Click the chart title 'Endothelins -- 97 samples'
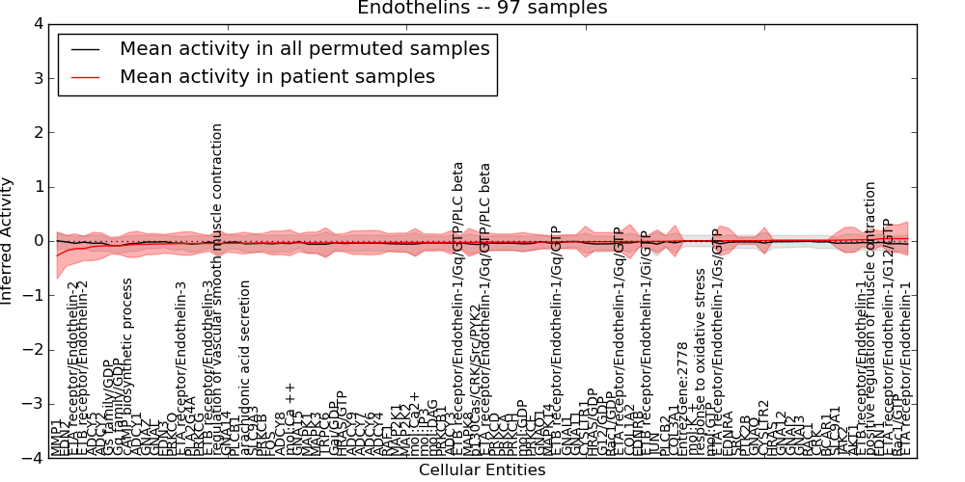[482, 9]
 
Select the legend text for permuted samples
[304, 48]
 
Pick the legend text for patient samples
[277, 76]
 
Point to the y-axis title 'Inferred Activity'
[9, 241]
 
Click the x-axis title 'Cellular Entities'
[482, 470]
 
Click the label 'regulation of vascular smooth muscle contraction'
[217, 289]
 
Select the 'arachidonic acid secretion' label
[245, 367]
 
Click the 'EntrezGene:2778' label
[682, 400]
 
